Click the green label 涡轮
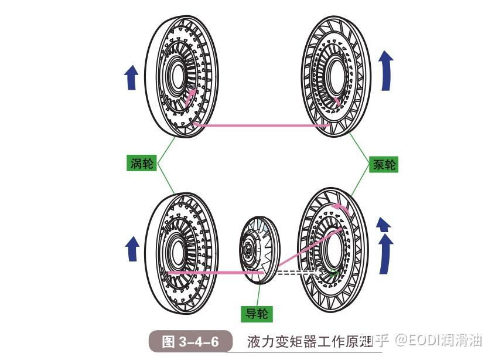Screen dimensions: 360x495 141,163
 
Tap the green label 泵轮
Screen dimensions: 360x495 384,164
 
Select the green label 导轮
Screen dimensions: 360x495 257,314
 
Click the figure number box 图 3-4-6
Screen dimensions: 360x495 190,341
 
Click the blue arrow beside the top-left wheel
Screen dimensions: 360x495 132,77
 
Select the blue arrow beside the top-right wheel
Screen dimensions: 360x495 386,70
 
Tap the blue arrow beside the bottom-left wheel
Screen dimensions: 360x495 132,249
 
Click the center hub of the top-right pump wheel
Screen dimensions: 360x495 335,75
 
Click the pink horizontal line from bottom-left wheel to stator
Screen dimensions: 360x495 214,273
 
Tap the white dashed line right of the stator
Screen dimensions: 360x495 296,273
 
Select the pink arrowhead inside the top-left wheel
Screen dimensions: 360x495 191,96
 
